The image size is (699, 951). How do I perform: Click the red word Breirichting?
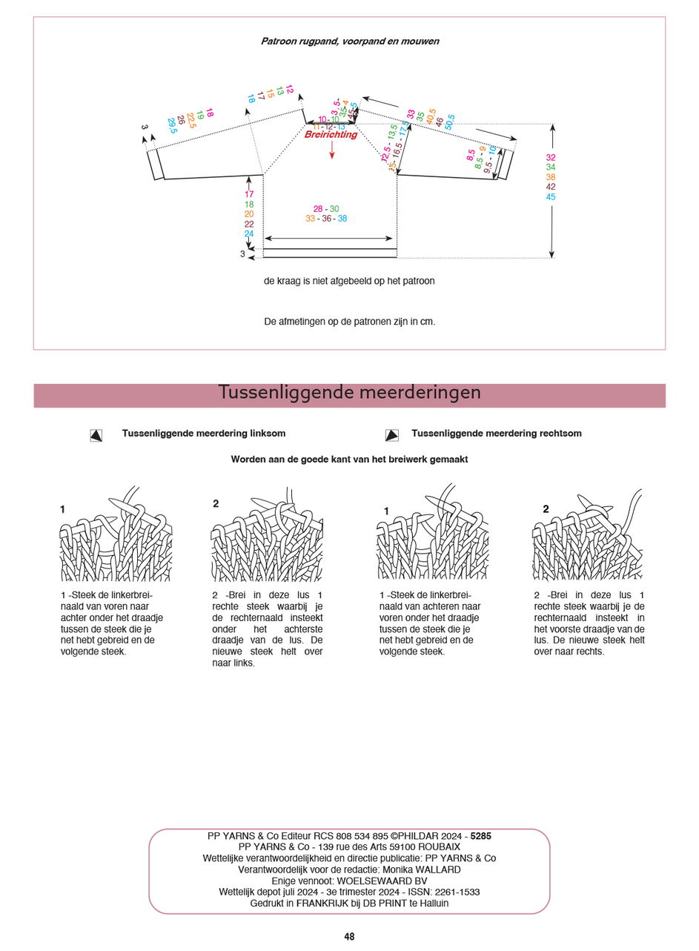pyautogui.click(x=331, y=135)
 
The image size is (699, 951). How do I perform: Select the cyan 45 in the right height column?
pyautogui.click(x=551, y=197)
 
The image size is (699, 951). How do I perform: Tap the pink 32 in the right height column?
pyautogui.click(x=551, y=158)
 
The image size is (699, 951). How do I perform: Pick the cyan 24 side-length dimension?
pyautogui.click(x=249, y=234)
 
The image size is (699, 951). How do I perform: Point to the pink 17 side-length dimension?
pyautogui.click(x=249, y=195)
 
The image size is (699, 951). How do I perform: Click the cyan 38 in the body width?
pyautogui.click(x=342, y=219)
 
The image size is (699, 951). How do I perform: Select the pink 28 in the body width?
pyautogui.click(x=318, y=209)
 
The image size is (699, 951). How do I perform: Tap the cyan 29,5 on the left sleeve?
pyautogui.click(x=172, y=126)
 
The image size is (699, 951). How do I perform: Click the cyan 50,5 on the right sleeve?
pyautogui.click(x=449, y=122)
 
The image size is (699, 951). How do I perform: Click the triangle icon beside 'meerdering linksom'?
pyautogui.click(x=96, y=436)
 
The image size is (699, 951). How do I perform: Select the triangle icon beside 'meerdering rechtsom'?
pyautogui.click(x=392, y=436)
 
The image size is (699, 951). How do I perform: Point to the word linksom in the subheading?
pyautogui.click(x=268, y=434)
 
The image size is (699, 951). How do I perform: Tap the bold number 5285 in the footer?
pyautogui.click(x=480, y=836)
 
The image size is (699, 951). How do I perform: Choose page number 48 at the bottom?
pyautogui.click(x=349, y=937)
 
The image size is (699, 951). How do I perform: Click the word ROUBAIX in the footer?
pyautogui.click(x=439, y=847)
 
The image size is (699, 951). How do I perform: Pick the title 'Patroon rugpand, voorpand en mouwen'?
pyautogui.click(x=349, y=42)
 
